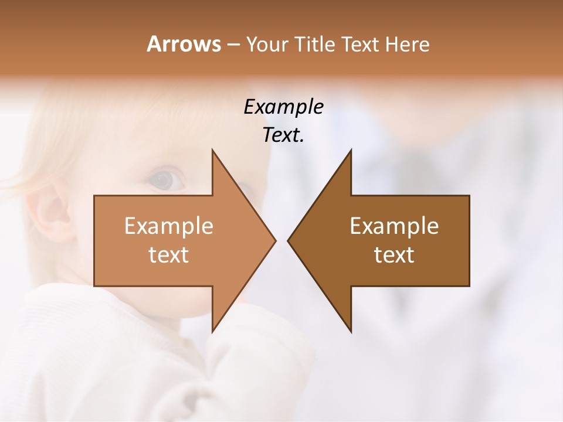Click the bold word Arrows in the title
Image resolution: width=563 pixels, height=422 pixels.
[183, 45]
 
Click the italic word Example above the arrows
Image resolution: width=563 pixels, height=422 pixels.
[283, 107]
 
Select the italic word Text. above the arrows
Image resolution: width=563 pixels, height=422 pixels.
[283, 135]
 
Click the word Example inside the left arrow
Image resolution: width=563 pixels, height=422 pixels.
[168, 226]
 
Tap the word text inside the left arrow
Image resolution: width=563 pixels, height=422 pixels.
[168, 255]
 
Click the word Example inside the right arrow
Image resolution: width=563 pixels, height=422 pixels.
[394, 226]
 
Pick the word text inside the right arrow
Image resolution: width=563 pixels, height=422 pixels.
[394, 255]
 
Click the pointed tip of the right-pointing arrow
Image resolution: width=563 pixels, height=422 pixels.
[276, 240]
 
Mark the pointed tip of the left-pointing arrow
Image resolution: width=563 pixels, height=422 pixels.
[288, 240]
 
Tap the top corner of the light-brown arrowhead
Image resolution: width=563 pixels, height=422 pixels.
[213, 151]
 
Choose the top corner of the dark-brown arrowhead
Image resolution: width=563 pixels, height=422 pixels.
[351, 151]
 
